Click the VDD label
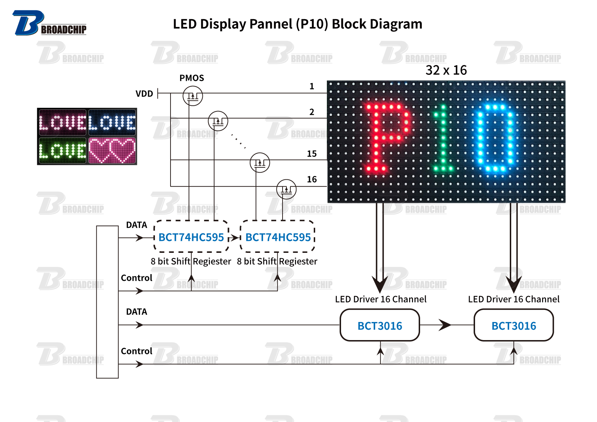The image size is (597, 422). click(x=144, y=94)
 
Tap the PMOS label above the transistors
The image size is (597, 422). click(x=191, y=78)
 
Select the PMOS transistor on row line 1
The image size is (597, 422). click(x=193, y=96)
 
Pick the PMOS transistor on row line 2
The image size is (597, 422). click(x=218, y=121)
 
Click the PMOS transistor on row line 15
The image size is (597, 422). click(x=260, y=162)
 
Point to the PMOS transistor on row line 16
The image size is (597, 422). click(x=286, y=189)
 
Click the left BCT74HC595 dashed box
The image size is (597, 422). click(x=191, y=237)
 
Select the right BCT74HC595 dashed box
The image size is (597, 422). click(x=278, y=237)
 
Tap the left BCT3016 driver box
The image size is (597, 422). click(x=380, y=325)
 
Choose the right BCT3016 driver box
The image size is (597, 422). click(x=514, y=325)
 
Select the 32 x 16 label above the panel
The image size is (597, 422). click(x=446, y=70)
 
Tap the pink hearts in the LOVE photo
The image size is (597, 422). click(x=112, y=150)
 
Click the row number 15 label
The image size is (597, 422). click(x=312, y=154)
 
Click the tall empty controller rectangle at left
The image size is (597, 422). click(x=107, y=302)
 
